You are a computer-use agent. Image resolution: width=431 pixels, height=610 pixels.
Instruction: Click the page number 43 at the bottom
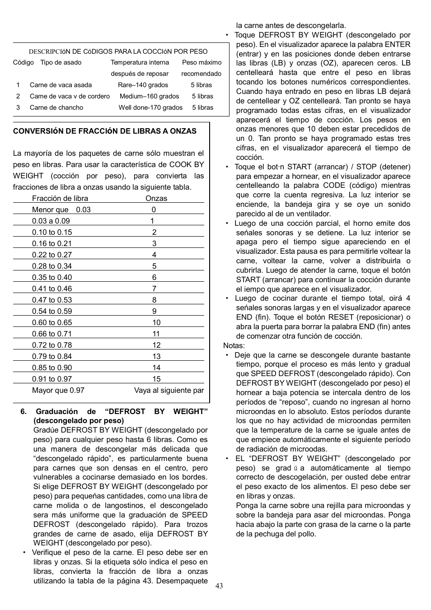pos(219,586)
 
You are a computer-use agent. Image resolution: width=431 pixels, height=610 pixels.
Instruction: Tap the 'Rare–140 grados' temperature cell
pos(143,85)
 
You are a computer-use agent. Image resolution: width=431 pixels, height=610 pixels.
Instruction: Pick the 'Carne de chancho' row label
pos(56,107)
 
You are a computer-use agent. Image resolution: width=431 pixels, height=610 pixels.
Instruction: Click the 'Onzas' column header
pos(156,198)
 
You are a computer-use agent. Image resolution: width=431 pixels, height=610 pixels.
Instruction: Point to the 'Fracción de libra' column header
pos(60,198)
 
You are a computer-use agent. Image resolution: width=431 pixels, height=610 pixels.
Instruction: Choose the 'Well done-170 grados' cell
pos(150,107)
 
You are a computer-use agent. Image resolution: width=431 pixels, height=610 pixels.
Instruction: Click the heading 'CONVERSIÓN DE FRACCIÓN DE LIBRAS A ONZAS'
pos(105,131)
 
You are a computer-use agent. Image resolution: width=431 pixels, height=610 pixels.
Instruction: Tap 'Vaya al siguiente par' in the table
pos(169,390)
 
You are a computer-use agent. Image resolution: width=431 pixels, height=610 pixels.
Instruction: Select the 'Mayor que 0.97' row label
pos(58,390)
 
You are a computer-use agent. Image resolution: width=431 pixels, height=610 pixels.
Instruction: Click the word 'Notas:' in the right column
pos(234,345)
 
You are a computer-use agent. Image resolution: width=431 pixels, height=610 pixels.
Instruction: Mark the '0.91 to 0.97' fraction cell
pos(52,379)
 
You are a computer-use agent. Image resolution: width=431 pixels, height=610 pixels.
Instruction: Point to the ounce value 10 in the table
pos(156,322)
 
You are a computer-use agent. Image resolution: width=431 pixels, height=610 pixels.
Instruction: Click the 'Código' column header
pos(23,62)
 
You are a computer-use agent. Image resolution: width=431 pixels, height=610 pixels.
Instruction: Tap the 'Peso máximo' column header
pos(202,62)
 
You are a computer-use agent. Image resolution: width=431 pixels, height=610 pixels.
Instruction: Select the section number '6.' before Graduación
pos(24,411)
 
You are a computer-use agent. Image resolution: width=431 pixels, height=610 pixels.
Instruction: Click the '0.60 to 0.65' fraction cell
pos(52,322)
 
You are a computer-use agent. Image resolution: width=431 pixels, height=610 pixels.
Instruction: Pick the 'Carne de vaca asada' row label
pos(61,85)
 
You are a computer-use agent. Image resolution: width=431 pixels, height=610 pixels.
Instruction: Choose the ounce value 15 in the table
pos(156,379)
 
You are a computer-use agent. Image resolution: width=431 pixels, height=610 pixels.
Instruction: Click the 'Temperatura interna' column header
pos(140,62)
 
